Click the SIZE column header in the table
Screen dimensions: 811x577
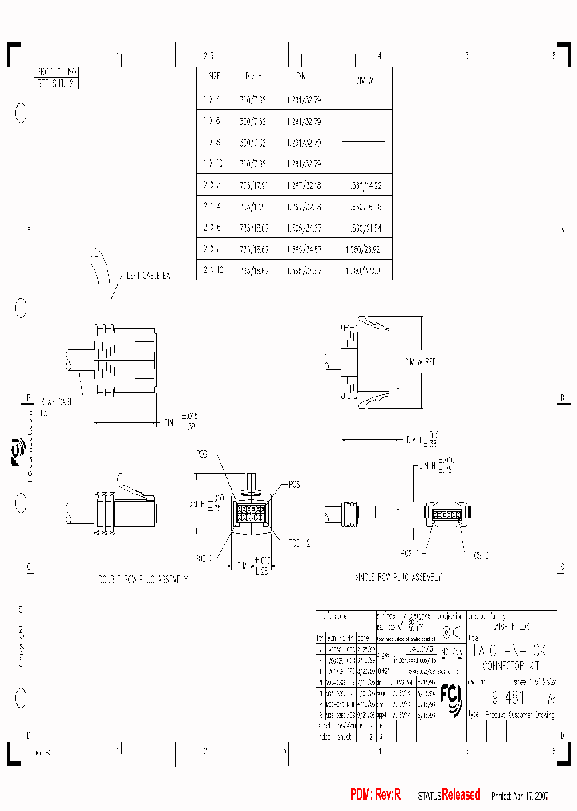pos(214,76)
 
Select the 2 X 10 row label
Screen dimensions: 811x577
pos(213,271)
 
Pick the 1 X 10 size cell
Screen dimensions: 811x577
pos(213,163)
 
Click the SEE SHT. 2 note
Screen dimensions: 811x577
pos(55,83)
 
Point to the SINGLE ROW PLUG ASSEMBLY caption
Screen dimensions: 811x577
pos(397,577)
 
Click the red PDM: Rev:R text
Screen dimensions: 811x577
pos(375,794)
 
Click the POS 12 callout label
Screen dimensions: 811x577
pos(298,543)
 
